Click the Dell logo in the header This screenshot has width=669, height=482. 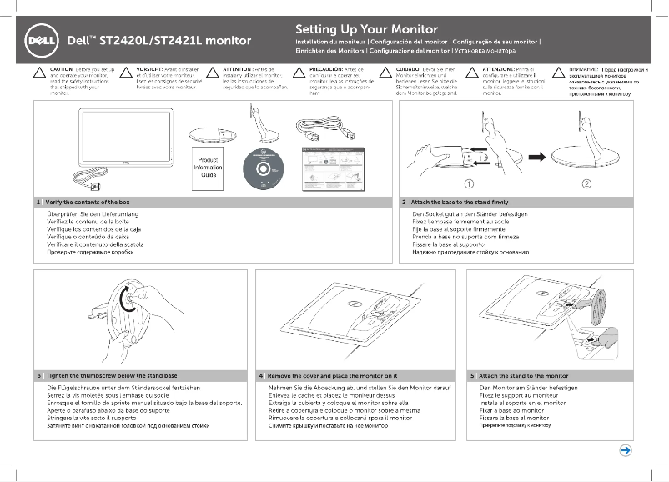pos(42,39)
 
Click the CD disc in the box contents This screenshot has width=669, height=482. pos(264,168)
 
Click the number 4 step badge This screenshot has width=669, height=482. pos(261,376)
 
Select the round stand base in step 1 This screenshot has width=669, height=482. pos(204,134)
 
